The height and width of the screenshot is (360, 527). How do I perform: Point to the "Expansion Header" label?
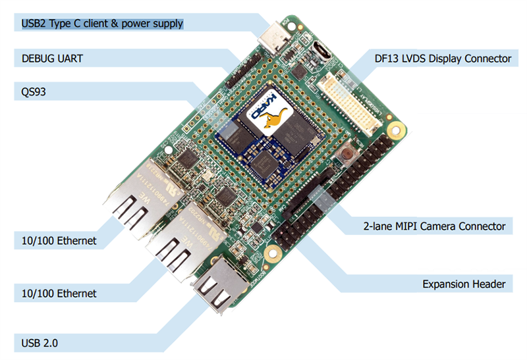click(464, 284)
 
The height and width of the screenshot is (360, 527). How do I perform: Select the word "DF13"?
click(383, 59)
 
